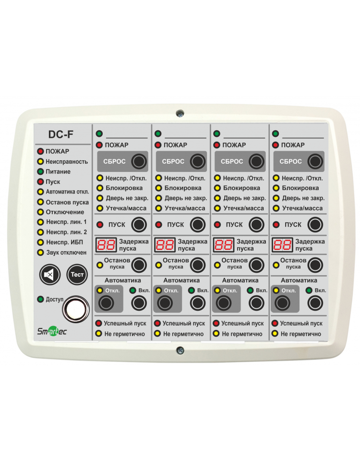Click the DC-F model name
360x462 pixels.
60,134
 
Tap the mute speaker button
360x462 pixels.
50,275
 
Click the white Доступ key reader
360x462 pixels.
76,309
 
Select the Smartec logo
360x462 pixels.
52,331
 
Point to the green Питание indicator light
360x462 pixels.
40,171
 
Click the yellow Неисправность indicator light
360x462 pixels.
40,161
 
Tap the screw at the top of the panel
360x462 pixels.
180,113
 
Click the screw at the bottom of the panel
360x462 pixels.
180,350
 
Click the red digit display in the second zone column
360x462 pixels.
165,245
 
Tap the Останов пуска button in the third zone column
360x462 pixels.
256,265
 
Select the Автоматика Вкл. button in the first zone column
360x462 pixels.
139,303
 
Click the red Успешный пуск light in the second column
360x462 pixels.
157,323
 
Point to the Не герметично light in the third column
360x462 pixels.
216,334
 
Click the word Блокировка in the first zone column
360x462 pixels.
124,188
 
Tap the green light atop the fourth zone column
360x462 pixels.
276,134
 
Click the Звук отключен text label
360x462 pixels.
66,253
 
